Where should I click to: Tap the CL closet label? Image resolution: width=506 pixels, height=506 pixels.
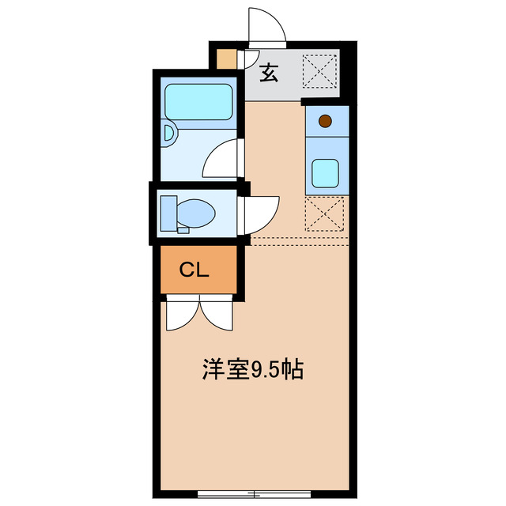coord(194,270)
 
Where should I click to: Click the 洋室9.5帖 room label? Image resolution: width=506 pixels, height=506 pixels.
coord(253,370)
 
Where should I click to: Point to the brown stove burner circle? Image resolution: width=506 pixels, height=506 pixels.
coord(324,121)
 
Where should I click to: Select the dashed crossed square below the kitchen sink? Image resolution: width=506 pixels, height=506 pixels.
coord(325,213)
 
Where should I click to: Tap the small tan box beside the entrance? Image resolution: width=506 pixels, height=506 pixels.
coord(227,60)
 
